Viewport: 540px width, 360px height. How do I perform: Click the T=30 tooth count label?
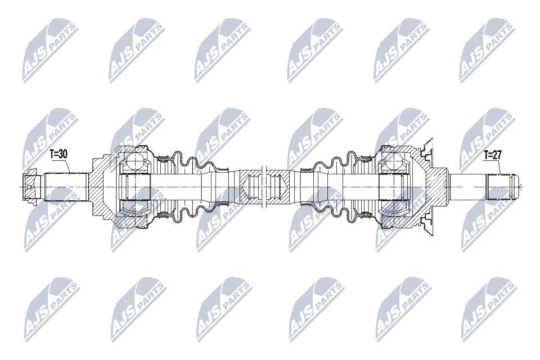[58, 154]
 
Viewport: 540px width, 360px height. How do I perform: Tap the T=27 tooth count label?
[492, 155]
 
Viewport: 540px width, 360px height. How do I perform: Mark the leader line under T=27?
[499, 167]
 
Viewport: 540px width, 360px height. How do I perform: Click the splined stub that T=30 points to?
[65, 187]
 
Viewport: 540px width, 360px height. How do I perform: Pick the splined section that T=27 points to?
[499, 187]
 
